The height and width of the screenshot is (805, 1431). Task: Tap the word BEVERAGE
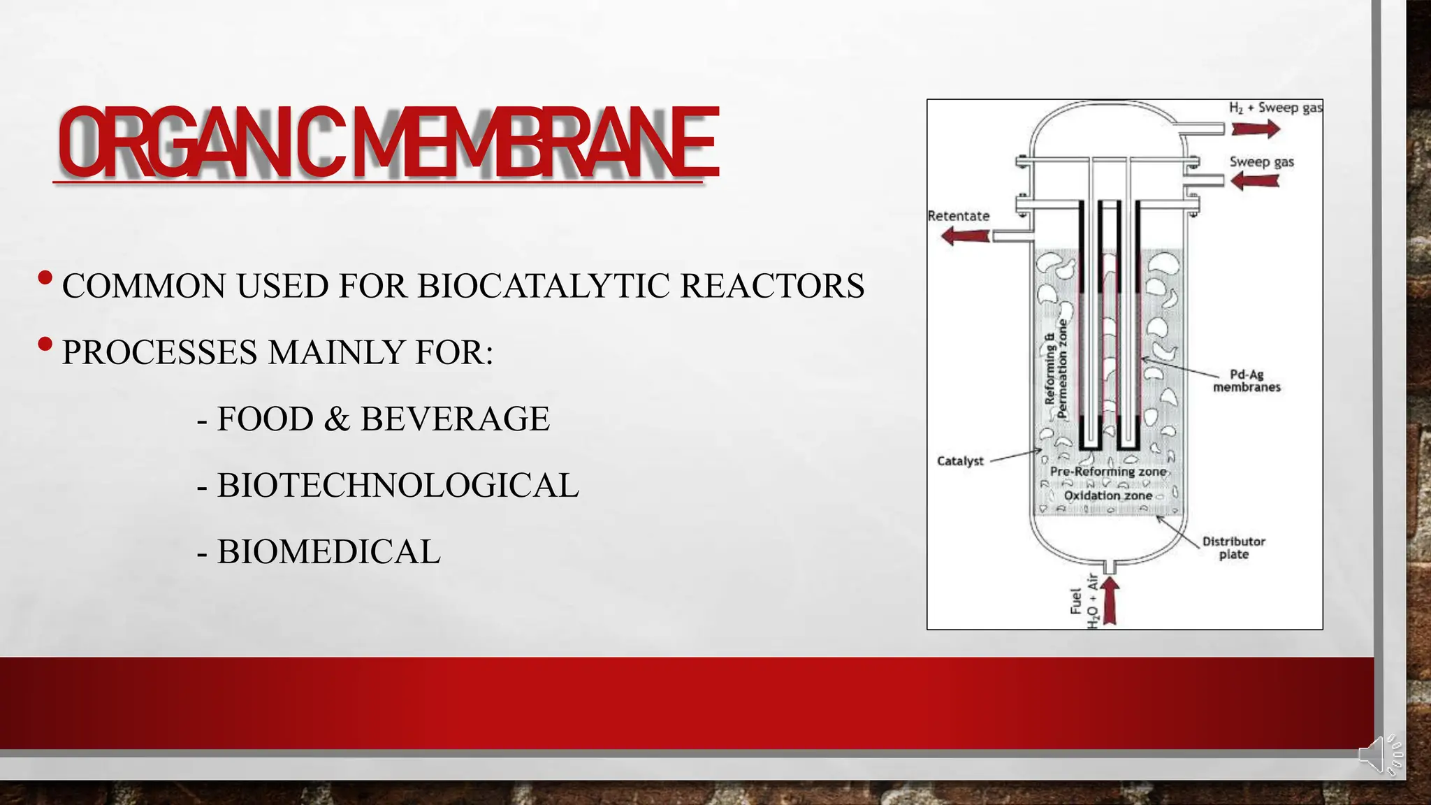(455, 419)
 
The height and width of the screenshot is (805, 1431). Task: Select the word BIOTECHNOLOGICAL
(398, 486)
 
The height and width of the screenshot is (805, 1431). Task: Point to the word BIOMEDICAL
(328, 552)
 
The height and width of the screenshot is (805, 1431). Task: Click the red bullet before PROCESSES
(45, 345)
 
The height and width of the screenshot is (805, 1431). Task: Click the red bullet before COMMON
(45, 278)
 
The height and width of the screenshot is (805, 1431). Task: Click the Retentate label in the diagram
(958, 216)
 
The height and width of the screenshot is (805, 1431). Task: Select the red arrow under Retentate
(965, 236)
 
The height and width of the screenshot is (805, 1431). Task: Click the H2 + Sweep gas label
(1275, 108)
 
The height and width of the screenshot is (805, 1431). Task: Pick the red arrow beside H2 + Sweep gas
(1255, 129)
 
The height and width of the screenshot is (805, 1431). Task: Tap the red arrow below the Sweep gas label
(1254, 181)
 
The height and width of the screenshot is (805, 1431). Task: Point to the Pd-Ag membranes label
(1247, 381)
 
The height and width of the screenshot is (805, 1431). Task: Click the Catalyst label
(960, 461)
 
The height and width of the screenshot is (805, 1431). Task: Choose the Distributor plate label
(1233, 548)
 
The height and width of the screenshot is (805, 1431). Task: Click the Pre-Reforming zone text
(1107, 472)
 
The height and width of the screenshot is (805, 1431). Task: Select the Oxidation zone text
(1107, 495)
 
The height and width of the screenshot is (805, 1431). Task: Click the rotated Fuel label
(1076, 601)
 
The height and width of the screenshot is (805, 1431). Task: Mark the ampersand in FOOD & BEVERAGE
(337, 419)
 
